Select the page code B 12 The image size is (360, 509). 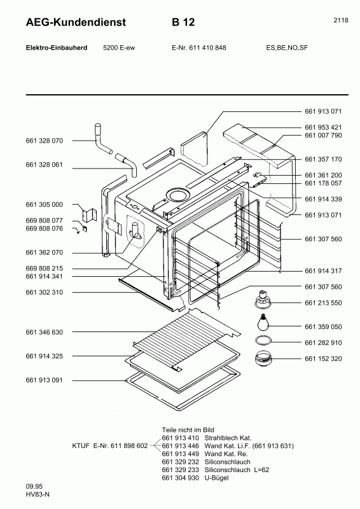point(183,22)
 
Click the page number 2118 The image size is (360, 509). point(340,20)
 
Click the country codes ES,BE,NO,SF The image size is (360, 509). point(287,48)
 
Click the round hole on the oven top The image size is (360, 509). point(177,195)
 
